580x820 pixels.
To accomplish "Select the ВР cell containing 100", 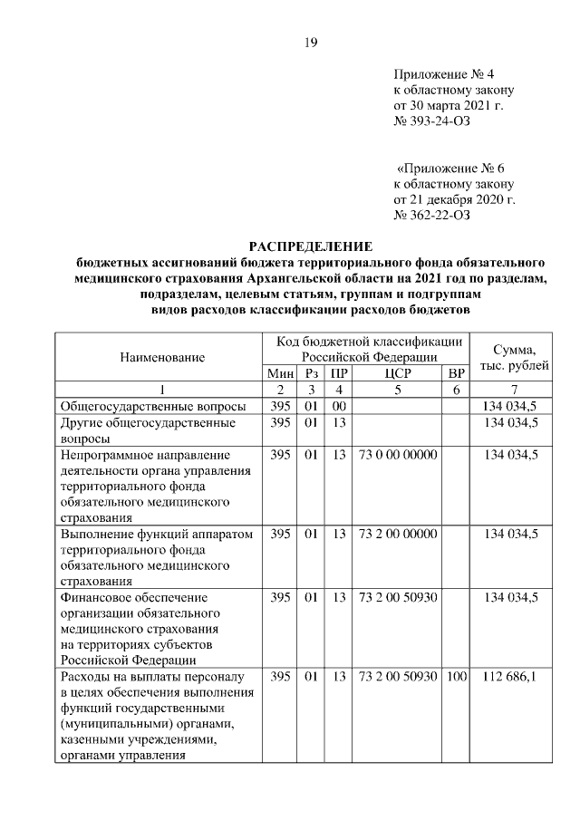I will click(x=455, y=677).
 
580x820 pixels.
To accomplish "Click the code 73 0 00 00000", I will click(x=398, y=454).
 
